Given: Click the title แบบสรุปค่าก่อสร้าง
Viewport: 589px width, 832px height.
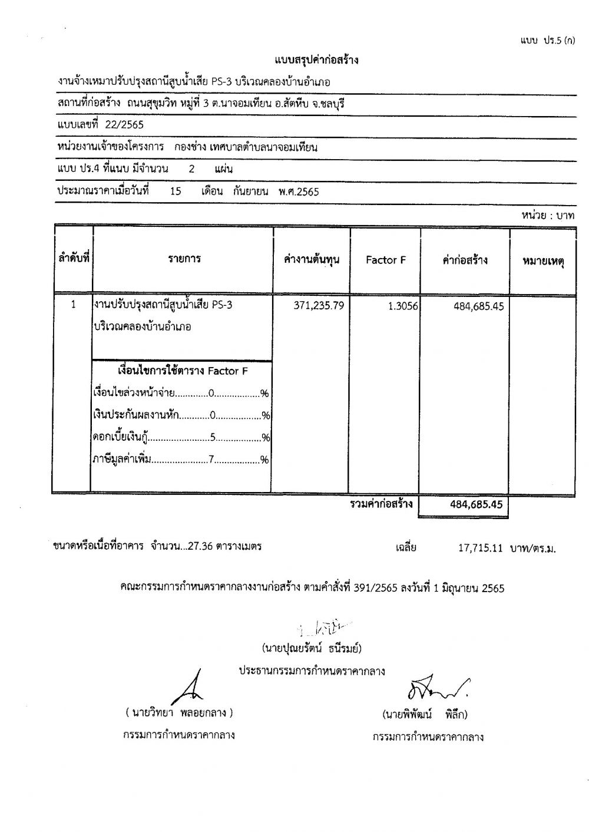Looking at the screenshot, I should pos(316,60).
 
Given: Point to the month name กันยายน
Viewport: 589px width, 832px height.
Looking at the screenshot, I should pos(251,192).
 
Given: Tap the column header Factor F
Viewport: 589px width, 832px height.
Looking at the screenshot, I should pos(386,260).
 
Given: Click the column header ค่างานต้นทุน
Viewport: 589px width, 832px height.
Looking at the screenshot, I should pos(312,260).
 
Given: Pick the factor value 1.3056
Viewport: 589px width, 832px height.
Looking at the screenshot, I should pos(403,306).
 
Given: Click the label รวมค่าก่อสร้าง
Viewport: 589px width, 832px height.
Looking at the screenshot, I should pos(381,504).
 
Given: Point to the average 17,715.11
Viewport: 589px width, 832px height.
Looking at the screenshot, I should pos(479,547).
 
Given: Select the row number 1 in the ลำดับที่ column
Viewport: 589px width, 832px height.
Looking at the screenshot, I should pos(73,305).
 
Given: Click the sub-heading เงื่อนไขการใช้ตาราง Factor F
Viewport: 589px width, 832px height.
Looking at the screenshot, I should pos(183,371).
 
